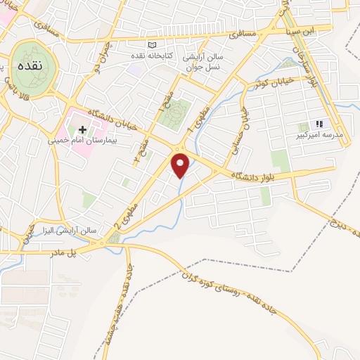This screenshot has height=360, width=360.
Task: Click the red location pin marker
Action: (181, 165)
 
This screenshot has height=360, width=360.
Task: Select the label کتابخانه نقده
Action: (146, 54)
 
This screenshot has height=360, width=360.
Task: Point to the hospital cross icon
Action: (84, 129)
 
